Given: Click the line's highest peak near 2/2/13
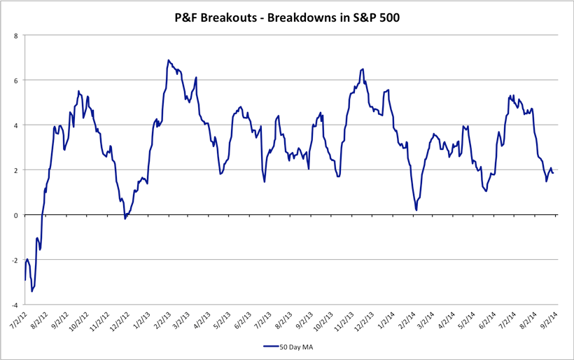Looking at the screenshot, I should [x=169, y=60].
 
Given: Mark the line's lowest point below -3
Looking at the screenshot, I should [x=31, y=291].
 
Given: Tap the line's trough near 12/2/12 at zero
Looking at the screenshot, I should [x=125, y=219].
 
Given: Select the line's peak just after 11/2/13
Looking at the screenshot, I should [x=362, y=69].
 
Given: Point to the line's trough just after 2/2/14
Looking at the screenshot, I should [x=416, y=209].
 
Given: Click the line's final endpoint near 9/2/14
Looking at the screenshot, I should [x=553, y=172].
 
